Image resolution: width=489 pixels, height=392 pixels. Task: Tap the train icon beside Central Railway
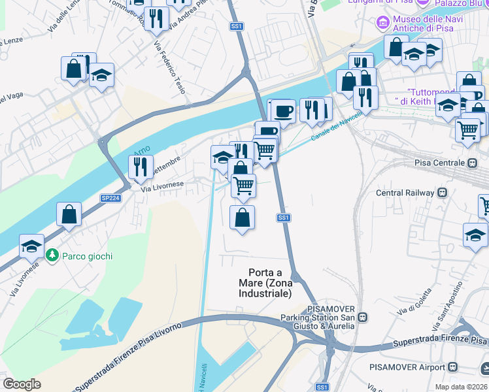click(443, 193)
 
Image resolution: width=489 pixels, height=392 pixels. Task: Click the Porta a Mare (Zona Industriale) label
click(270, 283)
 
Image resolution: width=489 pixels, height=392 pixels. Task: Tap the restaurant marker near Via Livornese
click(141, 167)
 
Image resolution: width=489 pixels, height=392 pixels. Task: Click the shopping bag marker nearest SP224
click(69, 214)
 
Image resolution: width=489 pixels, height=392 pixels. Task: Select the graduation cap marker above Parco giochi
click(31, 246)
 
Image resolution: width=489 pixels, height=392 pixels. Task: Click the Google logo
click(22, 384)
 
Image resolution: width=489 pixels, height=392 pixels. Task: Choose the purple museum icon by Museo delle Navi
click(383, 23)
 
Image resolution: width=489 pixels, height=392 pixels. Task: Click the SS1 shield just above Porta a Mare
click(283, 218)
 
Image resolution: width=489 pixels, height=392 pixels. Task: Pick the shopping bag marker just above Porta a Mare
click(243, 218)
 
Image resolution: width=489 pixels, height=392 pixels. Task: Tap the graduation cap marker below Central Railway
click(475, 235)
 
